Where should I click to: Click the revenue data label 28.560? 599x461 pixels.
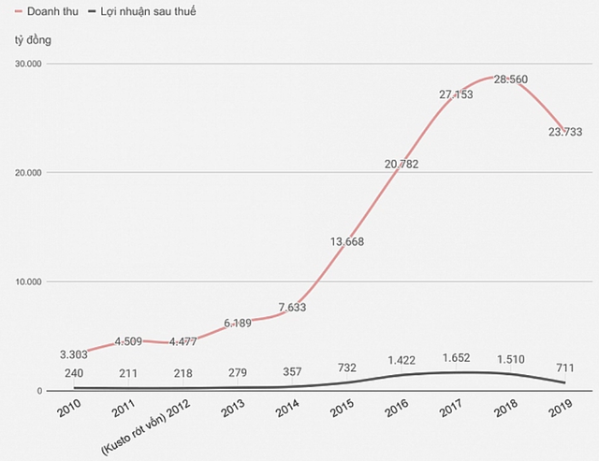point(511,81)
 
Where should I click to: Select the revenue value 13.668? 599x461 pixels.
point(348,241)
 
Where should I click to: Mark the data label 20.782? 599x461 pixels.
point(402,164)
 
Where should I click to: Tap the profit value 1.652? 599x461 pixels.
point(457,358)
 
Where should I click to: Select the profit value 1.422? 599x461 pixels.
point(402,360)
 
